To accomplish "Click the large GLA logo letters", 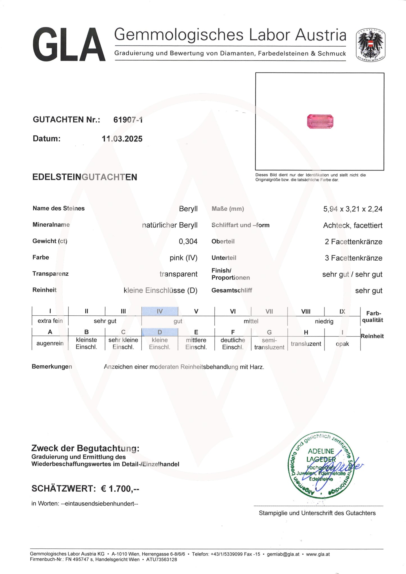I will [69, 44].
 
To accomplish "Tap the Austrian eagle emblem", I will [371, 45].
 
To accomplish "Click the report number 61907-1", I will [128, 120].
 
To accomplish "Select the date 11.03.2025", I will [122, 139].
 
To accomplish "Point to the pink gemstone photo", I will [320, 122].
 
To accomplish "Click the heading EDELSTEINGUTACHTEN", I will [85, 177].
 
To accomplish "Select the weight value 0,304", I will [188, 241].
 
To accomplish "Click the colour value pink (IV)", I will [183, 258].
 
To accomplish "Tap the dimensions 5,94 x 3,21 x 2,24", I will [353, 209].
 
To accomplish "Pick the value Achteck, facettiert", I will [353, 225].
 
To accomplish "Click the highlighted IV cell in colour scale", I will [160, 311].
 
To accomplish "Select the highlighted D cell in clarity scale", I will [160, 332].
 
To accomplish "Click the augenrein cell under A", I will [50, 343].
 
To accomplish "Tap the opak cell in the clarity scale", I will [342, 344].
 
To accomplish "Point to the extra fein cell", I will [50, 321].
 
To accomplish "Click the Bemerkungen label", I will [52, 366].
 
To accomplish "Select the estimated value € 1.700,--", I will [120, 489].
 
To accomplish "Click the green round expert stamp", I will [321, 466].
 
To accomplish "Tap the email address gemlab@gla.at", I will [283, 554].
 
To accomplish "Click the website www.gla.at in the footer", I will [318, 554].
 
